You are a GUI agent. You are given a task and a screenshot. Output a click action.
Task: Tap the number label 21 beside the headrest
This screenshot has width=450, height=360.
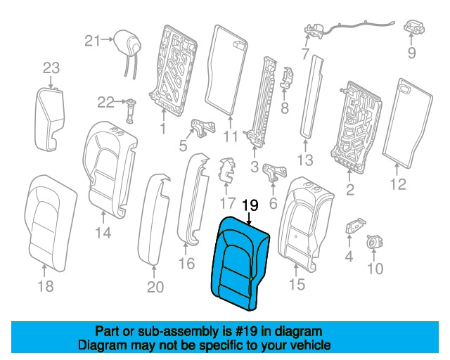(93, 41)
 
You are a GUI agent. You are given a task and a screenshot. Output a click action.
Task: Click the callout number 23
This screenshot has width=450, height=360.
(51, 67)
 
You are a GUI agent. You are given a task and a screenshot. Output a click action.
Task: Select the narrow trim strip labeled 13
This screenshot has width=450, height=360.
(309, 95)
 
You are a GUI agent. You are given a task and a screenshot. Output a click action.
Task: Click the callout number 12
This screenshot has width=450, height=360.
(398, 185)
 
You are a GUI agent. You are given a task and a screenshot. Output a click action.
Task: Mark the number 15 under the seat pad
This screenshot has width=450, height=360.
(297, 284)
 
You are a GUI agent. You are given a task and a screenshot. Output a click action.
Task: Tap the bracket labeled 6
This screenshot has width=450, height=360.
(274, 172)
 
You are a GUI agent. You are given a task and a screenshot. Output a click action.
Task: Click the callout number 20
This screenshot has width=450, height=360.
(155, 287)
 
